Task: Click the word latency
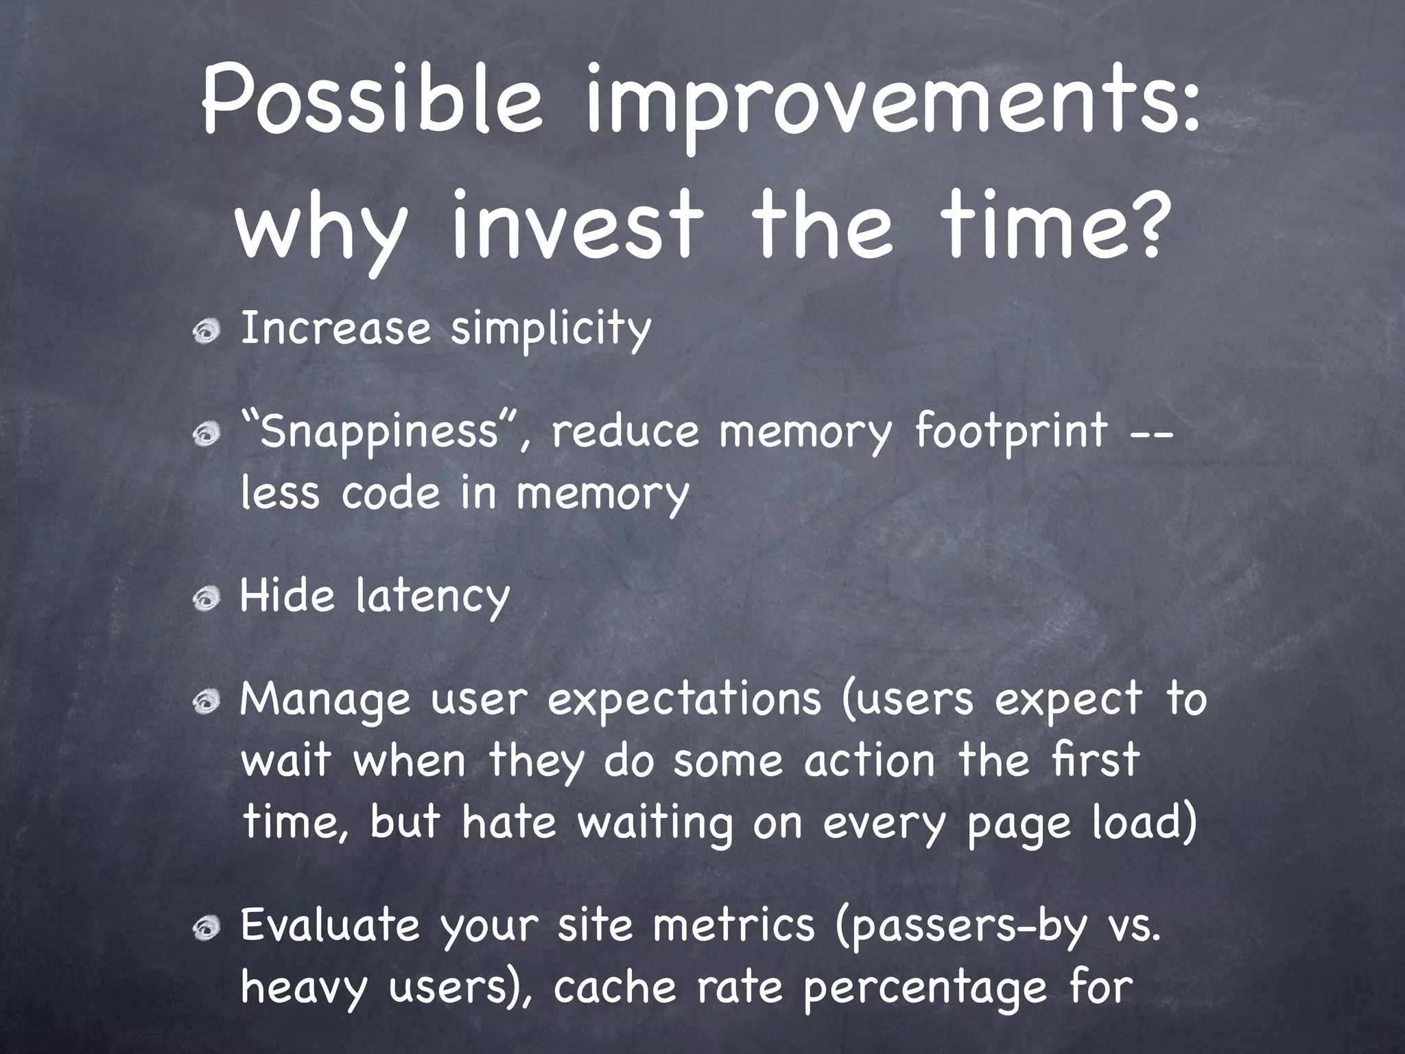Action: coord(433,598)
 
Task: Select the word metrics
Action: coord(733,925)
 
